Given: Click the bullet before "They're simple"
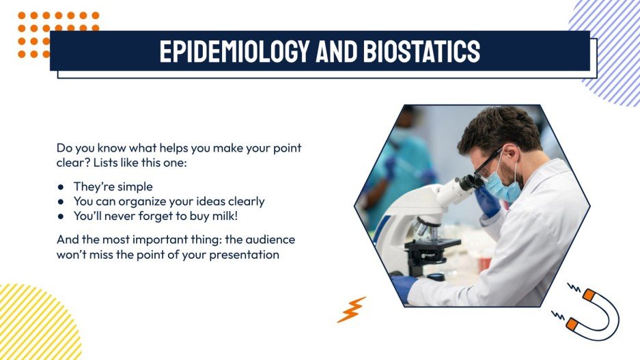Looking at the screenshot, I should click(x=61, y=186).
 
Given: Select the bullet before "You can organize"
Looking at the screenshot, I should click(x=61, y=202).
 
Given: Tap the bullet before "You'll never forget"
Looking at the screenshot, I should click(x=61, y=216).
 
